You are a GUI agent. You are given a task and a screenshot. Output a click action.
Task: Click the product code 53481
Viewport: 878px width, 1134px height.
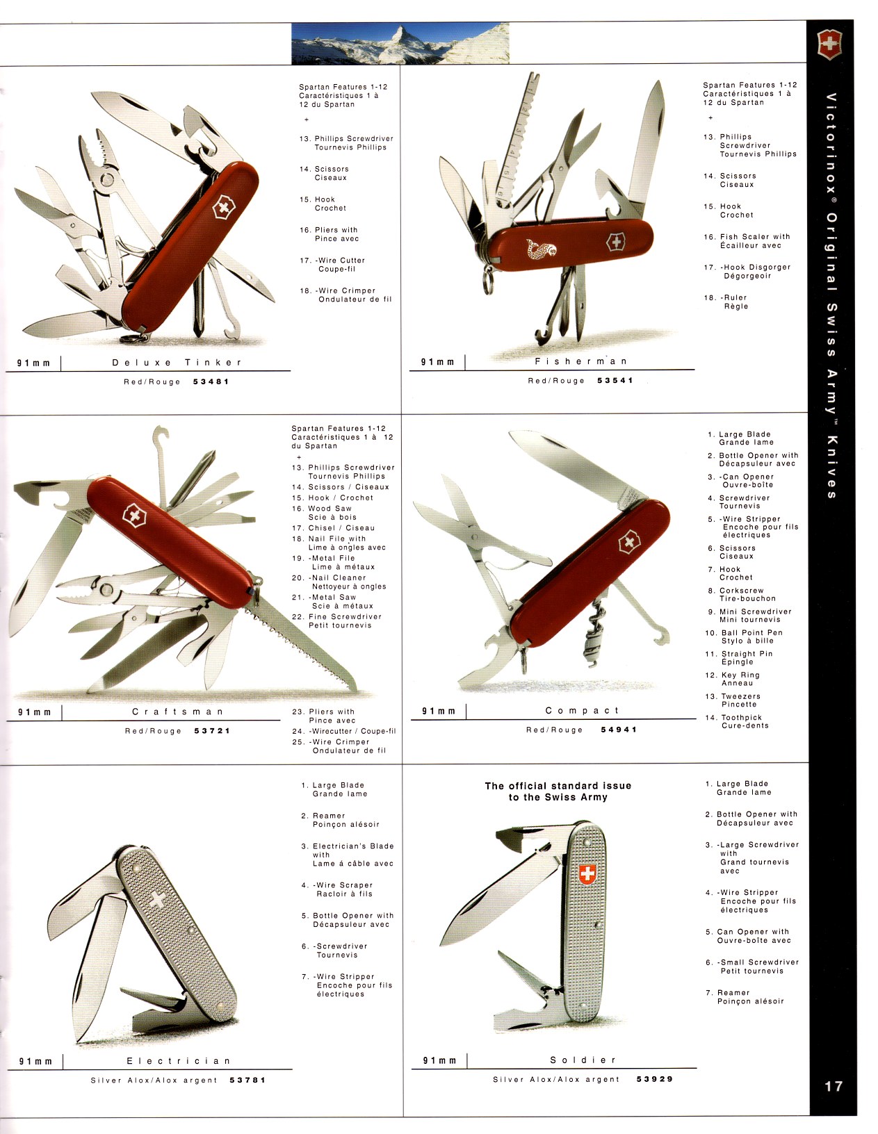click(x=211, y=381)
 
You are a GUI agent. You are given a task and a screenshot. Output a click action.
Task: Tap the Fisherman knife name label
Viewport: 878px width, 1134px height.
click(x=581, y=361)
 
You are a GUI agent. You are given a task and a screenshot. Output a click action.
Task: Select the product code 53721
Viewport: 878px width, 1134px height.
click(x=212, y=730)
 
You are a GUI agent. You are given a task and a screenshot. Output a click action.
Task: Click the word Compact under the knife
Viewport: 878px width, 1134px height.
click(x=582, y=710)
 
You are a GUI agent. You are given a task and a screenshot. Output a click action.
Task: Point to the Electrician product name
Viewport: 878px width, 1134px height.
click(x=179, y=1061)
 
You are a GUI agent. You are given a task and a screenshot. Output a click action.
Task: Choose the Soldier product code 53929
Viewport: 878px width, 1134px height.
click(x=655, y=1078)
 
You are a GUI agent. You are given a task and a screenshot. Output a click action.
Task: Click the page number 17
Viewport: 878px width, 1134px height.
click(x=833, y=1086)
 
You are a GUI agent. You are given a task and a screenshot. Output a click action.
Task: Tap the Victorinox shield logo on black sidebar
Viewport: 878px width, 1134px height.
click(x=829, y=44)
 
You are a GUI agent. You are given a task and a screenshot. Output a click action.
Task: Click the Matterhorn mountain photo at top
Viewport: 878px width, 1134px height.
click(x=400, y=43)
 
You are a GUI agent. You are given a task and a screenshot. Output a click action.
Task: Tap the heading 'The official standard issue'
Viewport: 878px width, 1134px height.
click(x=558, y=785)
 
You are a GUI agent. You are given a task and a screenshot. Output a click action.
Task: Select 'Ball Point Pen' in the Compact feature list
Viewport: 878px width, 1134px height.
click(x=751, y=632)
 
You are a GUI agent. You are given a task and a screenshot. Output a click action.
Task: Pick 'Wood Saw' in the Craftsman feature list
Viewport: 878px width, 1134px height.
click(x=330, y=509)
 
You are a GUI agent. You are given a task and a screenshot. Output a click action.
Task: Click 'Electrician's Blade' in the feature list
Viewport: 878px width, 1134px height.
click(x=353, y=846)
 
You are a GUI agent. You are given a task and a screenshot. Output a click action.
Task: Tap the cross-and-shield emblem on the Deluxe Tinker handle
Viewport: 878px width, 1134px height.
click(x=224, y=207)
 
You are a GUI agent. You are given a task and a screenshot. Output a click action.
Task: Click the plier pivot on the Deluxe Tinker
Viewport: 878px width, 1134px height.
click(x=107, y=180)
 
